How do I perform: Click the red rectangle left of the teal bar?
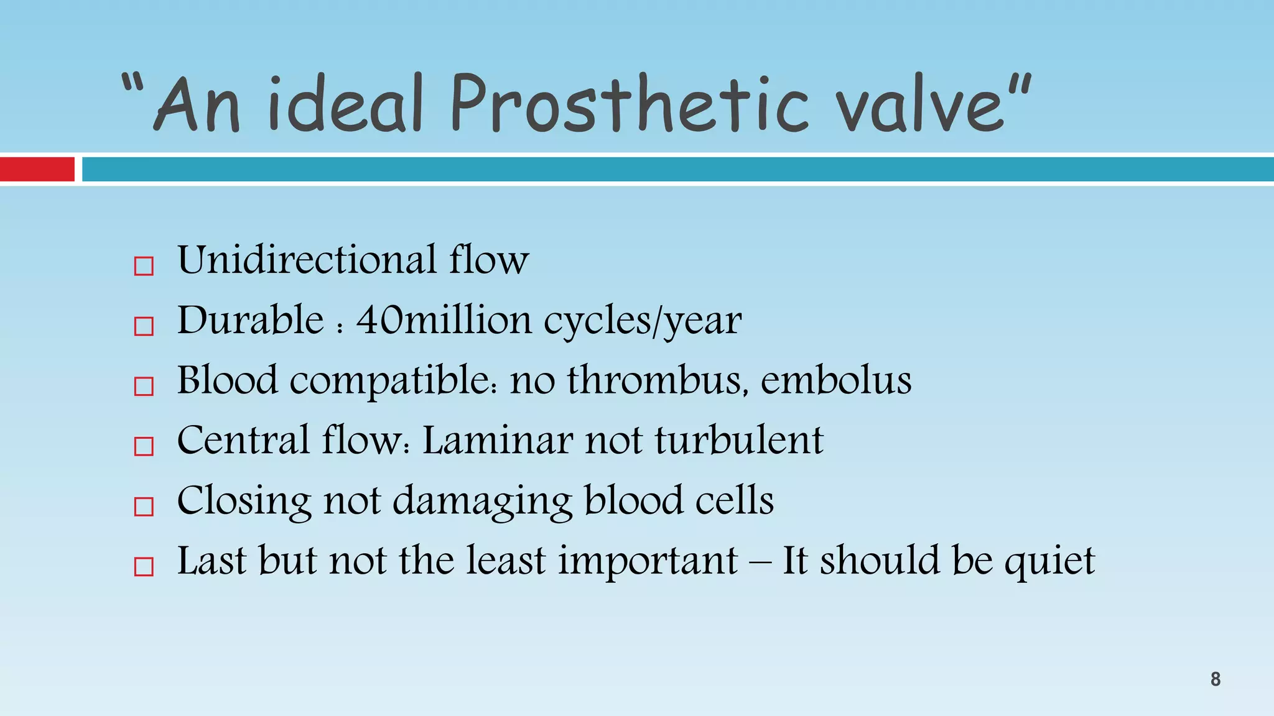point(37,169)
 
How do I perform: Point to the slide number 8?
point(1215,679)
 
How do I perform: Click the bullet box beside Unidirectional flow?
point(144,267)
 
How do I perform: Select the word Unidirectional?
point(307,260)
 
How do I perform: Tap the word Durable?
point(250,320)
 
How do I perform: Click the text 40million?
point(444,320)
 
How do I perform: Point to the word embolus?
point(836,380)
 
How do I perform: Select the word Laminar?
point(497,441)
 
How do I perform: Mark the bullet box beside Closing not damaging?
point(144,507)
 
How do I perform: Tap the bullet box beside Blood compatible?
point(144,387)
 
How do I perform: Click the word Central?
point(243,441)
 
